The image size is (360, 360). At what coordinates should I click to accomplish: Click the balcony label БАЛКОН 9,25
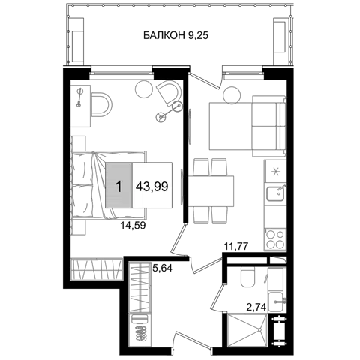pos(175,35)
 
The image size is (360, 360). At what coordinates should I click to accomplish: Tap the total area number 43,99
pos(151,186)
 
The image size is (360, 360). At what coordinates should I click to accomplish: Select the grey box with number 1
pos(118,185)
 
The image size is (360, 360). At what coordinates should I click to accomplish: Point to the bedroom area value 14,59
pos(133,226)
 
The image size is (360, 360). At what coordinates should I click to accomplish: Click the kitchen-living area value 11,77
pos(235,247)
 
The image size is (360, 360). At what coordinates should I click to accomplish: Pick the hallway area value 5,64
pos(162,268)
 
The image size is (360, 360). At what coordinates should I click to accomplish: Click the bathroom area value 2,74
pos(256,306)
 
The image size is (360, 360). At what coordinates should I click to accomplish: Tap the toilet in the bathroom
pos(248,277)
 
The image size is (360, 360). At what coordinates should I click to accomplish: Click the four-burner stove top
pos(275,239)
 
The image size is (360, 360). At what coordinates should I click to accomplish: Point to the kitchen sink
pos(275,194)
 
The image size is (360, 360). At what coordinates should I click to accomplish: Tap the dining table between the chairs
pos(211,191)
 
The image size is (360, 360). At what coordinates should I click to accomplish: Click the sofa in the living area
pos(268,126)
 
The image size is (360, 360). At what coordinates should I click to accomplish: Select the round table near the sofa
pos(232,95)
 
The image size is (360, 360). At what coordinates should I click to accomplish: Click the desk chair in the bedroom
pos(102,104)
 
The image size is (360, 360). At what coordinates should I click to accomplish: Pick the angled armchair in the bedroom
pos(169,92)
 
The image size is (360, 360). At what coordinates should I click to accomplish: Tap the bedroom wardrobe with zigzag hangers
pos(97,269)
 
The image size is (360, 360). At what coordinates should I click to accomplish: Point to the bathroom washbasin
pos(277,301)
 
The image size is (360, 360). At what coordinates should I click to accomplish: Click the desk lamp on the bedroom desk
pos(79,97)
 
